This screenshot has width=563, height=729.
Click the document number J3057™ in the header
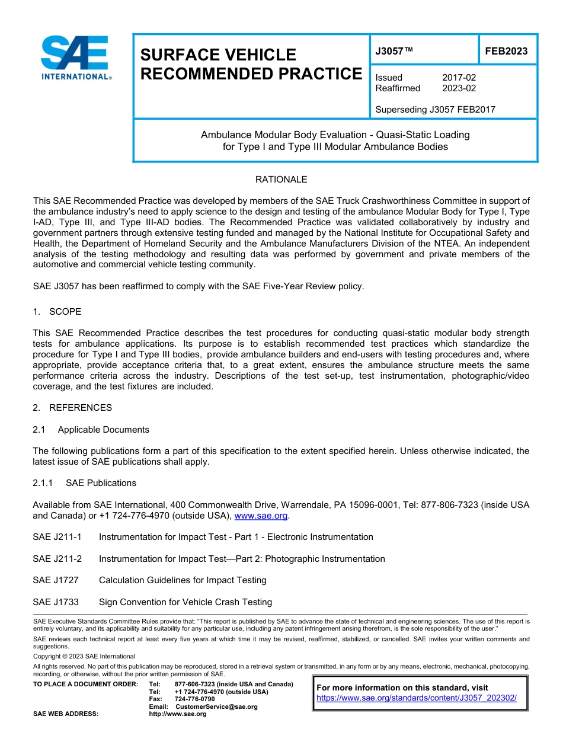coord(394,52)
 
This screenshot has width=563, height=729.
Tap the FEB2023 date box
coord(506,52)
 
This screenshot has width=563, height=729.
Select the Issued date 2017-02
coord(459,78)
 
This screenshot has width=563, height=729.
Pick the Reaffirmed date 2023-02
coord(459,88)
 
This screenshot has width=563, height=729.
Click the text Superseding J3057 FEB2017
coord(435,109)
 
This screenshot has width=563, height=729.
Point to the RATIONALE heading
coord(281,180)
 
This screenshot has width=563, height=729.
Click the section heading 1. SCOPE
coord(57,312)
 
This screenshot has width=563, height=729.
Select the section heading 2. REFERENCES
coord(72,408)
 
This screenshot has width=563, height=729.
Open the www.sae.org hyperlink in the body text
coord(261,516)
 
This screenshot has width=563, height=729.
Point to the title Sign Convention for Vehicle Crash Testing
coord(185,602)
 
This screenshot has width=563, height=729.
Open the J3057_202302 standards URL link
coord(417,698)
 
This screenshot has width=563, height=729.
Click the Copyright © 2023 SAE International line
coord(84,657)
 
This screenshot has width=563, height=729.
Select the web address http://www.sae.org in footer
coord(178,714)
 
